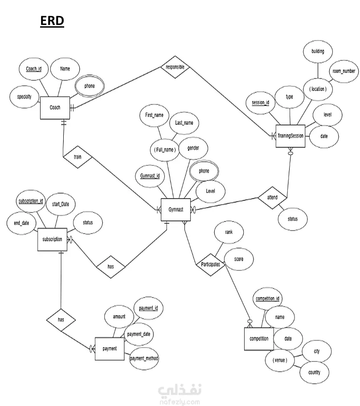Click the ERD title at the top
52,21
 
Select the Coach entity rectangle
55,107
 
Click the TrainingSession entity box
290,135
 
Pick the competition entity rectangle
258,339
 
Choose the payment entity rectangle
109,349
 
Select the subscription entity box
52,239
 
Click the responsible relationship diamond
175,67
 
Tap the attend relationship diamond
272,197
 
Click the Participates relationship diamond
209,264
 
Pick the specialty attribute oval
24,97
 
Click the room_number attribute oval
343,71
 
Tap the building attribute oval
318,51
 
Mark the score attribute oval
239,259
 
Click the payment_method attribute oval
143,358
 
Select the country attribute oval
314,373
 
